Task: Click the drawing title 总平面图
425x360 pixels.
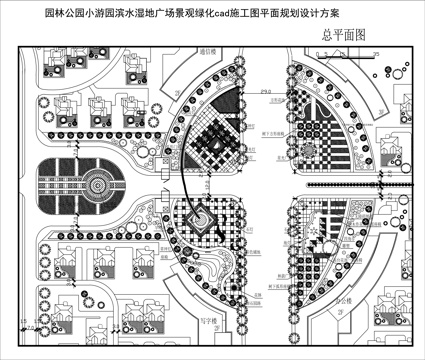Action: coord(345,34)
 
